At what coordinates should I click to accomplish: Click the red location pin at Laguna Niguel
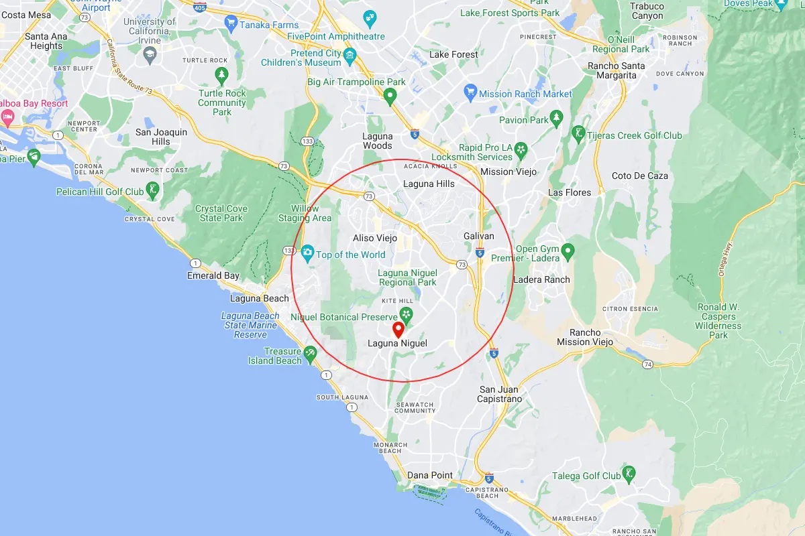(398, 329)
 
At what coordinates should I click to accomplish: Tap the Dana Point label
(430, 475)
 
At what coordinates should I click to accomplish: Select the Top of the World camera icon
(307, 253)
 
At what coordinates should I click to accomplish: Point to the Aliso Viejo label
(375, 238)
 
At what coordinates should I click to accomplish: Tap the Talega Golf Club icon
(629, 473)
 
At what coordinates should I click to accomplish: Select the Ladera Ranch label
(541, 279)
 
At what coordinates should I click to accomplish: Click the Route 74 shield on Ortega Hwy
(647, 364)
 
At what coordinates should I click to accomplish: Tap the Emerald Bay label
(213, 275)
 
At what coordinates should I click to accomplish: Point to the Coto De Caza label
(640, 176)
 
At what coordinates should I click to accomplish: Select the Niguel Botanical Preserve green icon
(406, 314)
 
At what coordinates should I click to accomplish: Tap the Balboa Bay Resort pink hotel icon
(8, 117)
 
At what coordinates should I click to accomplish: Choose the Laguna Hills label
(429, 184)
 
